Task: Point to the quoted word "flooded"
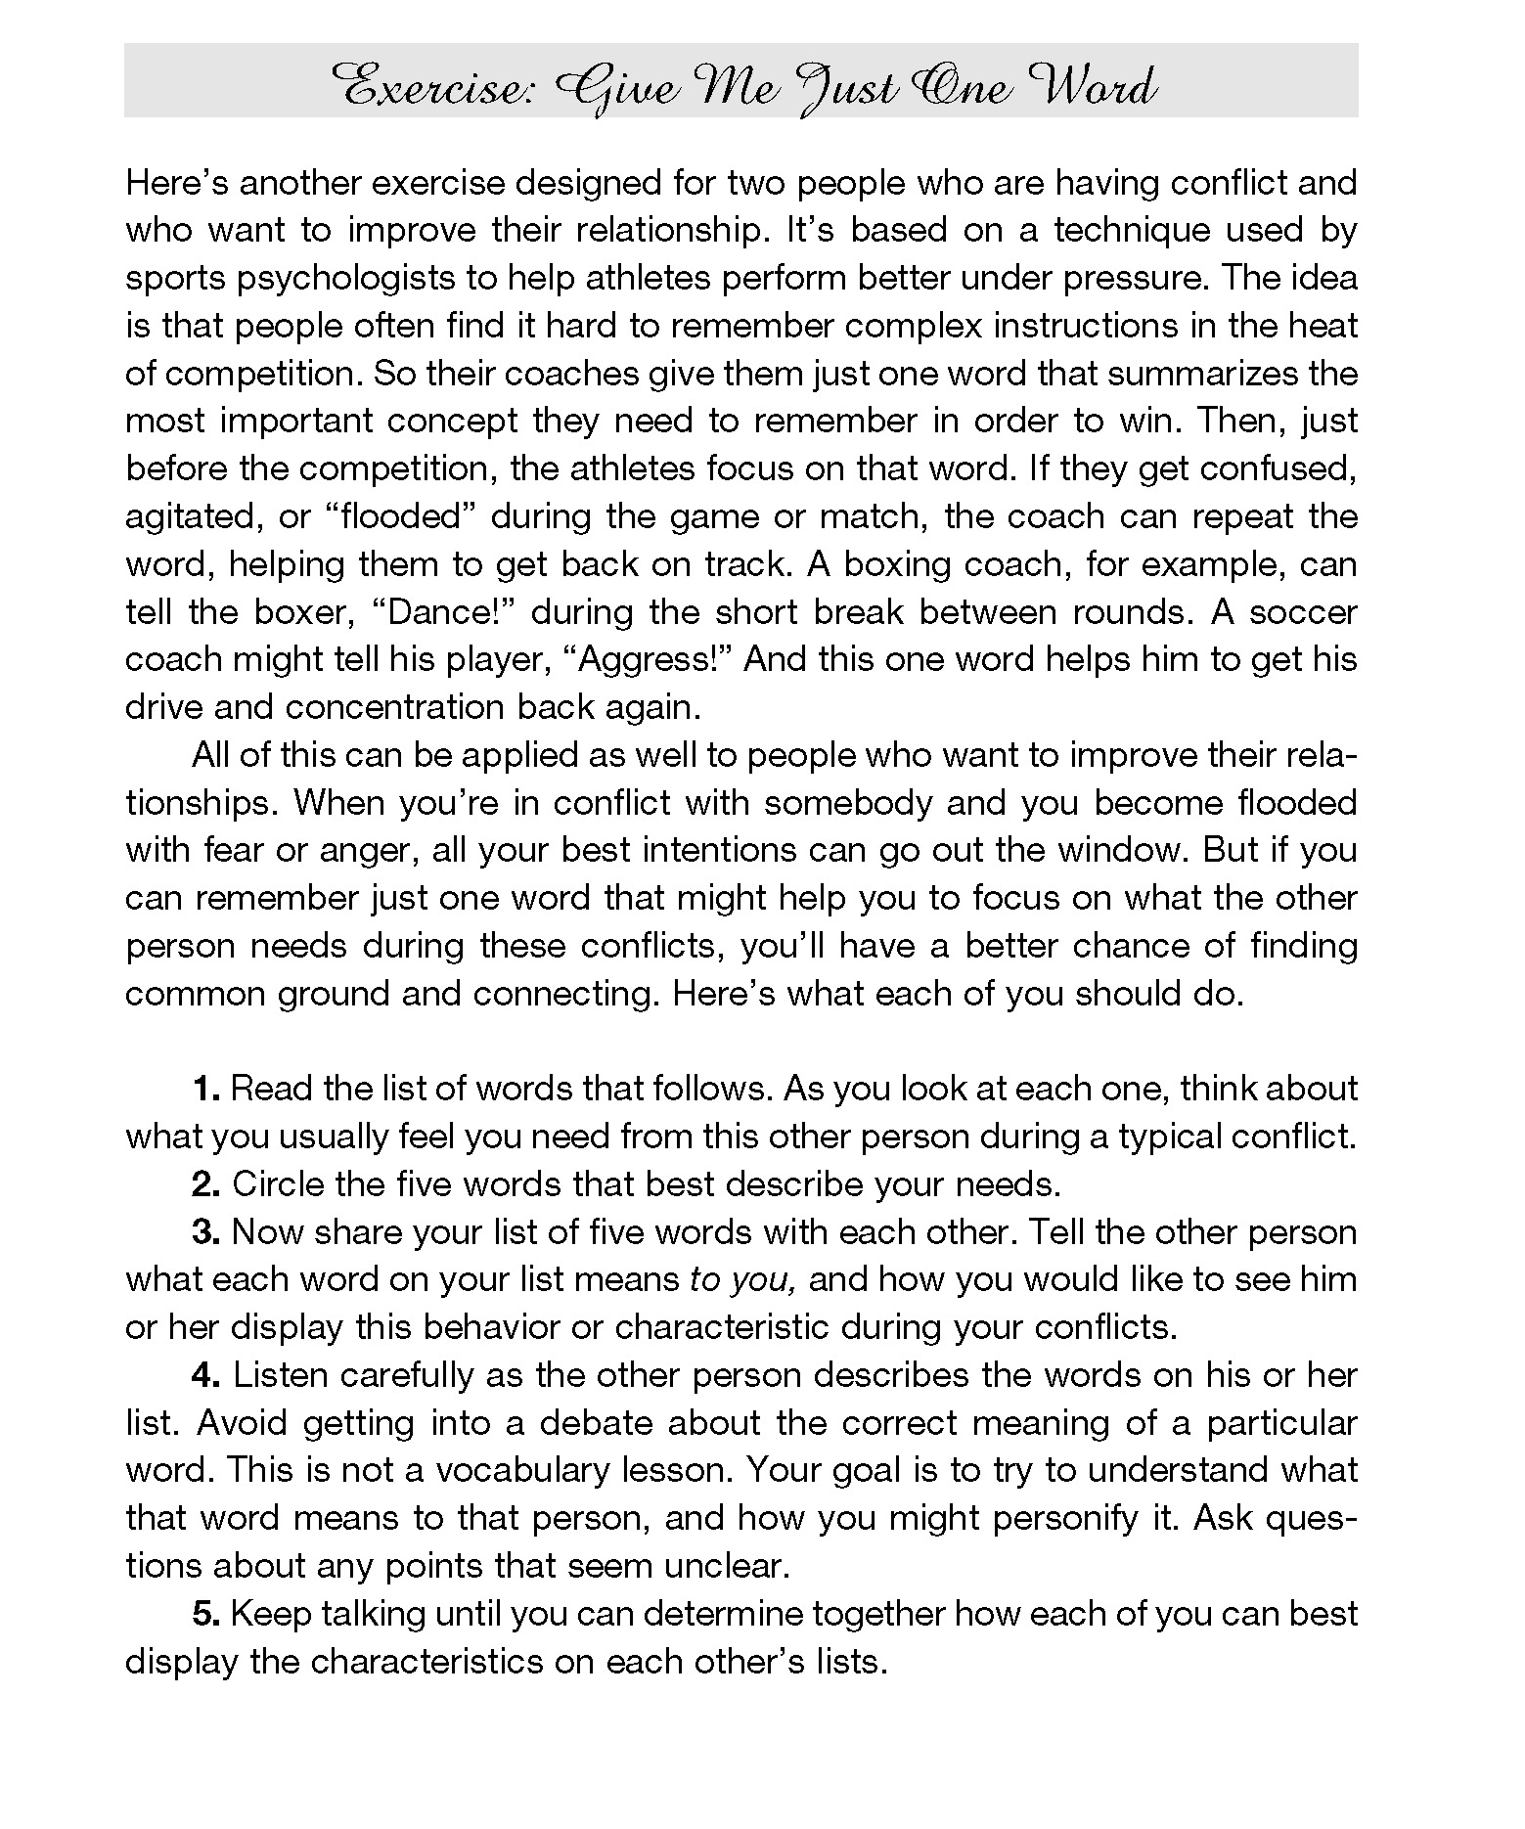point(399,516)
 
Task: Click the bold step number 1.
point(205,1089)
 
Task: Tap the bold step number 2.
point(205,1184)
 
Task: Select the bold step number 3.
point(205,1232)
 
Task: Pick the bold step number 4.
point(205,1375)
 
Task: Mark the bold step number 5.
point(205,1614)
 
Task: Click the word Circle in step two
point(277,1184)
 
